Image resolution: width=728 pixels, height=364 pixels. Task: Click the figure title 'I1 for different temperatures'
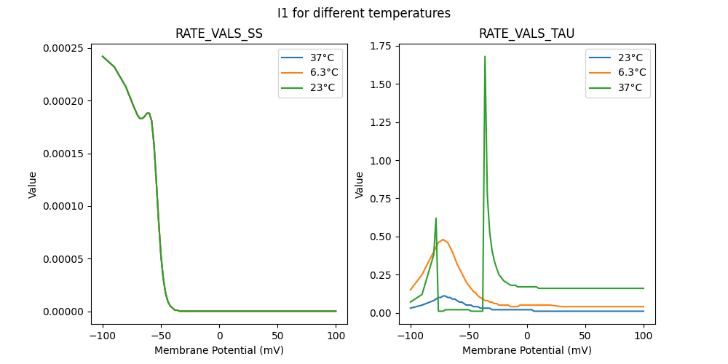tap(364, 13)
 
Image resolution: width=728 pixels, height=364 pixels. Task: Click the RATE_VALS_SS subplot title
tap(219, 33)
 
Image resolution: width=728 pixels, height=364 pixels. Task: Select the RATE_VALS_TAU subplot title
tap(526, 33)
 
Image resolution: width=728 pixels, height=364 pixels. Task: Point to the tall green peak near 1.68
tap(485, 57)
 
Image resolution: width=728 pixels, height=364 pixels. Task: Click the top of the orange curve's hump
tap(443, 239)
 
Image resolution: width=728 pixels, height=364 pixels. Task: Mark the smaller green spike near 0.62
tap(436, 218)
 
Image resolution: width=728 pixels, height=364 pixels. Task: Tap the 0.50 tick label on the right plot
tap(378, 237)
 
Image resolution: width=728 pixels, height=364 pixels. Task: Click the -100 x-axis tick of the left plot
tap(103, 336)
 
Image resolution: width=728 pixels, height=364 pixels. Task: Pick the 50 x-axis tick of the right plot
tap(585, 336)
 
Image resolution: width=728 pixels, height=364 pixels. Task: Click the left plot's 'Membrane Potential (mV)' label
tap(219, 350)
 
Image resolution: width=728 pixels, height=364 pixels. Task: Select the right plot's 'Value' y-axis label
tap(360, 185)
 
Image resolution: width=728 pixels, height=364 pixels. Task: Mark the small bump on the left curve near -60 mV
tap(148, 113)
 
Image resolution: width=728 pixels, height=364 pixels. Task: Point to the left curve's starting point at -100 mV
tap(103, 56)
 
